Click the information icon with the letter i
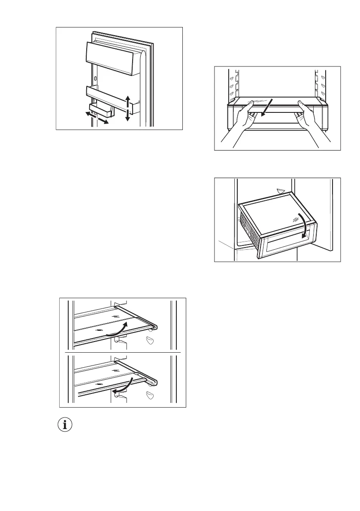point(65,425)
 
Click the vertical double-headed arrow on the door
point(127,109)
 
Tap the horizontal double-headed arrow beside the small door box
point(96,118)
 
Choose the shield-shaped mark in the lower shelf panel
point(150,395)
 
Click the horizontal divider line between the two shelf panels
point(122,352)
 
